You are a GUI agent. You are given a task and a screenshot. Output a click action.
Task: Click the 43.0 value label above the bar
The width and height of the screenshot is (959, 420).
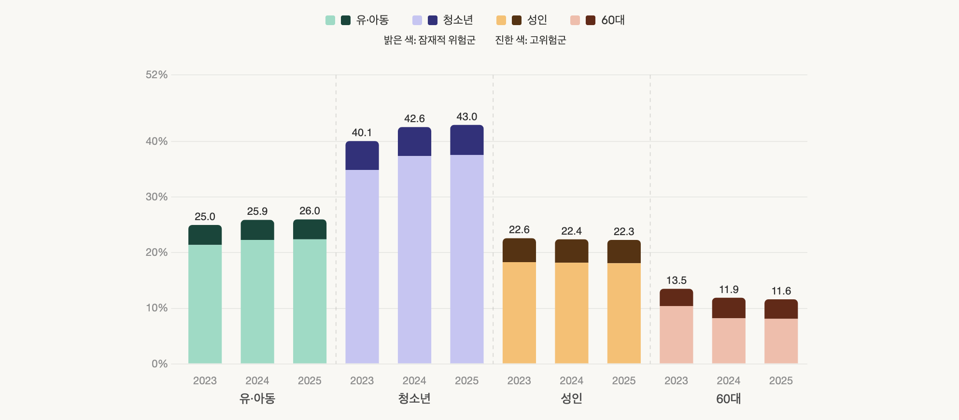466,117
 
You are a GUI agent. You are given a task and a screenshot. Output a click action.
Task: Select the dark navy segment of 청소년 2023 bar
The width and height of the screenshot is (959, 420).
362,155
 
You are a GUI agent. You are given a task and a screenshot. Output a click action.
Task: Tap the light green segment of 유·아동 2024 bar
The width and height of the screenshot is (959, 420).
257,301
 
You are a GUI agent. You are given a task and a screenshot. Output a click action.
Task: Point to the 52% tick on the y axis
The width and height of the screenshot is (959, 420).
156,75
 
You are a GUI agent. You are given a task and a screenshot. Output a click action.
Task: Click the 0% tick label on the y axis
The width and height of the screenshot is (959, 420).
159,364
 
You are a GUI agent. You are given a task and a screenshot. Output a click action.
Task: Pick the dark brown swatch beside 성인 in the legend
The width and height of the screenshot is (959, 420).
517,20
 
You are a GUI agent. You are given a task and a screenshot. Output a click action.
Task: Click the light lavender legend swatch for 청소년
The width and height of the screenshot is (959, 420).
417,20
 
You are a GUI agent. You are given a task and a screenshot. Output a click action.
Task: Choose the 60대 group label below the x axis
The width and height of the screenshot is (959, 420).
728,399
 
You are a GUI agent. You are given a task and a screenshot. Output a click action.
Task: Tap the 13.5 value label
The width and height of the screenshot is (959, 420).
676,280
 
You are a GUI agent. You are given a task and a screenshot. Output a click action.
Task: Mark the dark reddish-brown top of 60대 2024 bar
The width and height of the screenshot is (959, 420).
728,308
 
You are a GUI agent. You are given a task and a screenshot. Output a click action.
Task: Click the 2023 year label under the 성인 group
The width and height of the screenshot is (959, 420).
519,381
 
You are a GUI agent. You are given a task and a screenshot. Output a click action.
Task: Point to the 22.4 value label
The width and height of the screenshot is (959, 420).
571,231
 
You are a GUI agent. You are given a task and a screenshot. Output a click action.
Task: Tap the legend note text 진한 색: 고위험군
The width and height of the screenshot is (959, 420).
530,40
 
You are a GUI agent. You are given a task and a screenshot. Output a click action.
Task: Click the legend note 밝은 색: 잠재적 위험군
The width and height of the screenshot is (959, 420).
429,40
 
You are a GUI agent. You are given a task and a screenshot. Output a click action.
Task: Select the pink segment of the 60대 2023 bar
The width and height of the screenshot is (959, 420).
676,335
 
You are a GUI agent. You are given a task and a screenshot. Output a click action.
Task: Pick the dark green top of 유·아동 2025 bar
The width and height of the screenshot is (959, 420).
310,230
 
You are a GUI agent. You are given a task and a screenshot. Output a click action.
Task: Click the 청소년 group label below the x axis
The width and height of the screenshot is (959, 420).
414,399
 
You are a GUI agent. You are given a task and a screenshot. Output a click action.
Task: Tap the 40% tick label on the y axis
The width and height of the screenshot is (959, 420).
156,141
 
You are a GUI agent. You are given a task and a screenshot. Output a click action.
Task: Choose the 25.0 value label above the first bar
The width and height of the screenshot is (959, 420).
205,217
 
